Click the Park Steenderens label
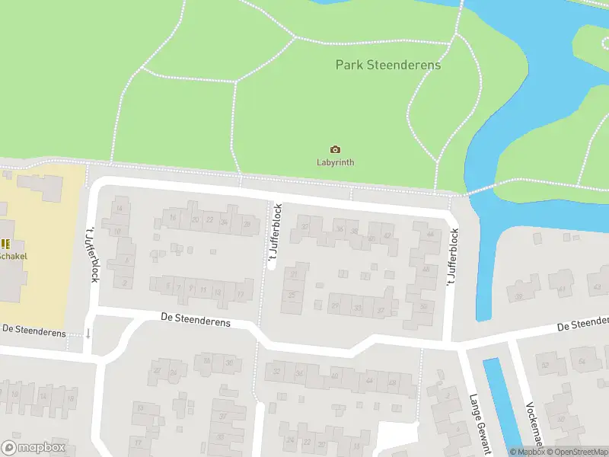pyautogui.click(x=388, y=65)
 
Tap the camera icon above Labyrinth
pyautogui.click(x=335, y=149)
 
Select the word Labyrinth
pyautogui.click(x=335, y=162)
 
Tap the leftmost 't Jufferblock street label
pyautogui.click(x=94, y=254)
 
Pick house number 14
pyautogui.click(x=118, y=208)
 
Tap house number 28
pyautogui.click(x=246, y=223)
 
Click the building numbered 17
pyautogui.click(x=240, y=294)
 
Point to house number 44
pyautogui.click(x=431, y=234)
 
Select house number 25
pyautogui.click(x=291, y=294)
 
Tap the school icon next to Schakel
pyautogui.click(x=5, y=244)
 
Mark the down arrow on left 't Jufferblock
pyautogui.click(x=88, y=333)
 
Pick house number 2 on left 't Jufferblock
pyautogui.click(x=125, y=283)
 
